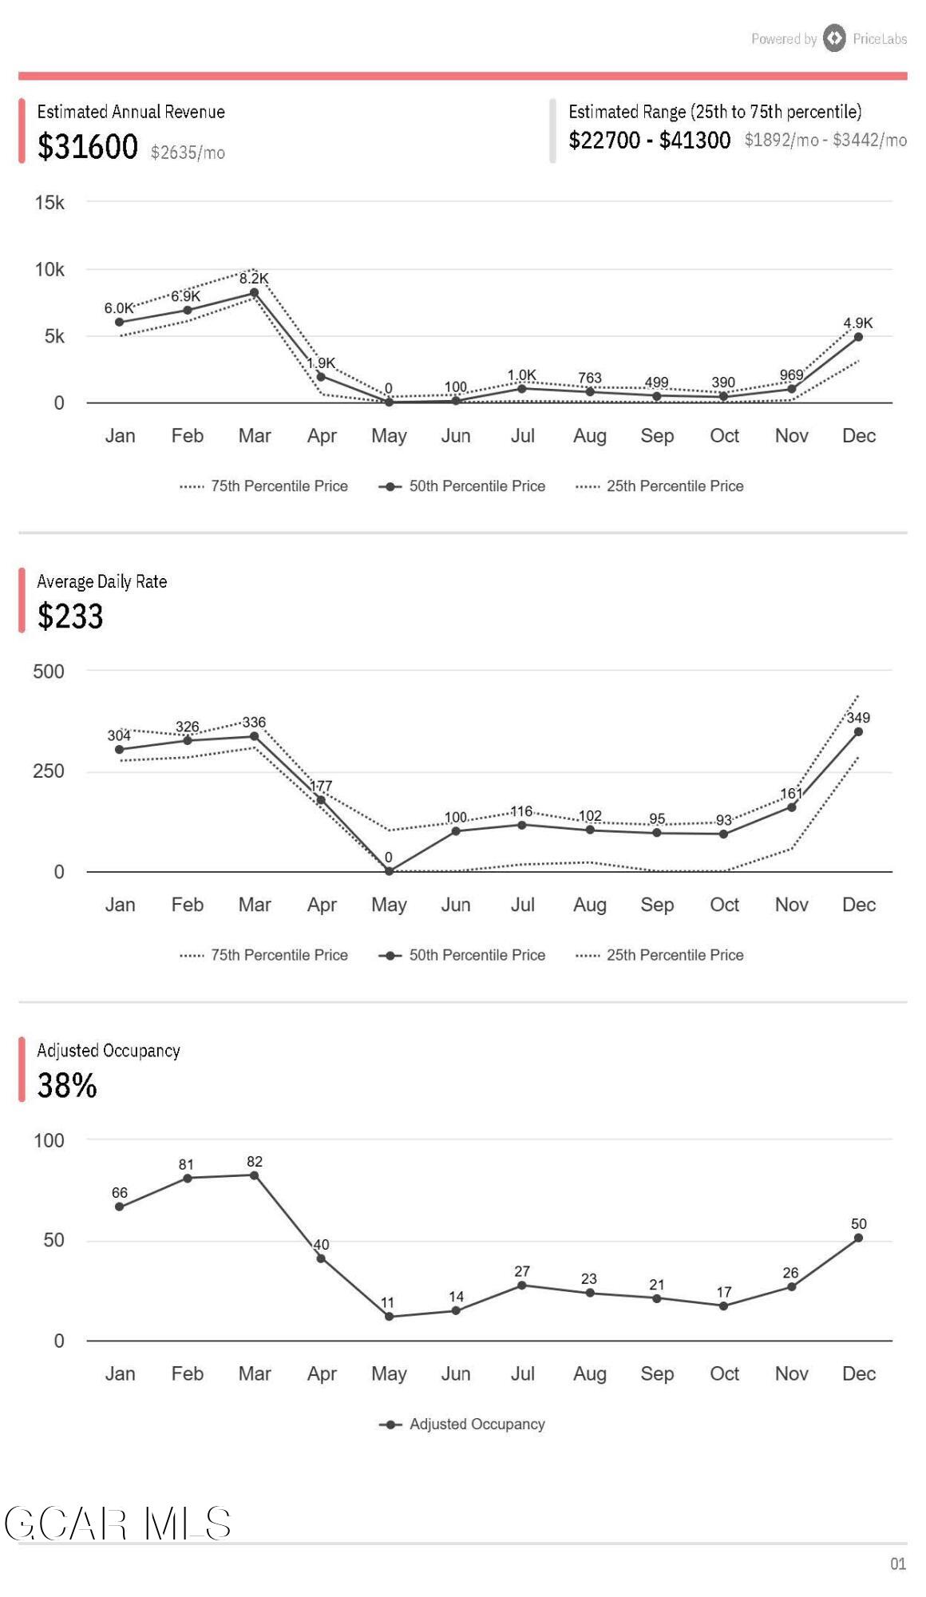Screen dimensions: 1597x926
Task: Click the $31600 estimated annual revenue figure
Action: pyautogui.click(x=88, y=147)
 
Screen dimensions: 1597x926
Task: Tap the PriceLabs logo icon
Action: pyautogui.click(x=834, y=38)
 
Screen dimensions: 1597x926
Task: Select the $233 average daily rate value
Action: pyautogui.click(x=70, y=616)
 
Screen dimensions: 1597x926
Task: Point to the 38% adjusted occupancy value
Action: pyautogui.click(x=67, y=1085)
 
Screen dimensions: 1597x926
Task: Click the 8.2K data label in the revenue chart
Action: pyautogui.click(x=254, y=279)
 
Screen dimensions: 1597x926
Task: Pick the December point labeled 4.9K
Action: pyautogui.click(x=858, y=337)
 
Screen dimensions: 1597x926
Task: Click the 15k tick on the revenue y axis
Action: pyautogui.click(x=49, y=203)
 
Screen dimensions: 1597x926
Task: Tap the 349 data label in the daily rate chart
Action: pyautogui.click(x=858, y=718)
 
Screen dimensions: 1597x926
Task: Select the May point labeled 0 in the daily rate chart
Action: pyautogui.click(x=389, y=871)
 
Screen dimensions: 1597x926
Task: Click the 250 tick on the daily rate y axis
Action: pyautogui.click(x=49, y=771)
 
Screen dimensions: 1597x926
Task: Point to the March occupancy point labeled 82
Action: pyautogui.click(x=254, y=1175)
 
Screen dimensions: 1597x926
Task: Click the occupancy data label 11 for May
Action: pyautogui.click(x=387, y=1302)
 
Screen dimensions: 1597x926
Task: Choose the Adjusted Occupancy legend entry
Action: pyautogui.click(x=477, y=1424)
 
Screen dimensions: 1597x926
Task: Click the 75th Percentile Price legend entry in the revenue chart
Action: pyautogui.click(x=279, y=486)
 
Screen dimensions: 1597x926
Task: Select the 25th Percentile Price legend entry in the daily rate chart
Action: pyautogui.click(x=674, y=955)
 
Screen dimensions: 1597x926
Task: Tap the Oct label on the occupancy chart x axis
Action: pyautogui.click(x=724, y=1373)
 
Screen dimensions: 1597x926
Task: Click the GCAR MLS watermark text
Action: pyautogui.click(x=118, y=1524)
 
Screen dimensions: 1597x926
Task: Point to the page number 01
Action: pyautogui.click(x=898, y=1563)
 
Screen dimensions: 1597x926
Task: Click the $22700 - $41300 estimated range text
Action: pyautogui.click(x=649, y=141)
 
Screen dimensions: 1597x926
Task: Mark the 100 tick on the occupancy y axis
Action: pyautogui.click(x=49, y=1140)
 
